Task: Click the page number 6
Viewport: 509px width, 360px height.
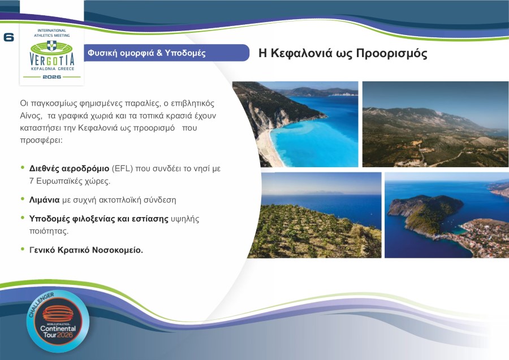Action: pyautogui.click(x=8, y=38)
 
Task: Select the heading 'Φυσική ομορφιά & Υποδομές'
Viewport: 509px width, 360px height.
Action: pyautogui.click(x=146, y=53)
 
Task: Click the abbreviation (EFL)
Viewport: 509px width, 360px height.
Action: pyautogui.click(x=124, y=169)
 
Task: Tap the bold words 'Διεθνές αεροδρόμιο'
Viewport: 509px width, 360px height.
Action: pyautogui.click(x=69, y=169)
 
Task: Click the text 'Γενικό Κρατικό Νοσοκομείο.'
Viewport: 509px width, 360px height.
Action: pyautogui.click(x=86, y=250)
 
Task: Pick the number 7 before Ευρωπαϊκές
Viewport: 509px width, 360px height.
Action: pyautogui.click(x=32, y=181)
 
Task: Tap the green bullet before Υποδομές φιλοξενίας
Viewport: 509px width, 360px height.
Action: pyautogui.click(x=23, y=218)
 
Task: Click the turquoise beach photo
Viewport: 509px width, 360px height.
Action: pyautogui.click(x=295, y=124)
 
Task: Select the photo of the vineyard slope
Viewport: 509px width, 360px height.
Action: pyautogui.click(x=314, y=215)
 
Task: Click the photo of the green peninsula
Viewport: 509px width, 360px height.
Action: pyautogui.click(x=446, y=215)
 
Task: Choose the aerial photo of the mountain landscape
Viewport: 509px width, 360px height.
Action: pyautogui.click(x=435, y=124)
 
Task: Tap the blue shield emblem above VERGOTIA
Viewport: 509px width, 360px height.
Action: pyautogui.click(x=51, y=45)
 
